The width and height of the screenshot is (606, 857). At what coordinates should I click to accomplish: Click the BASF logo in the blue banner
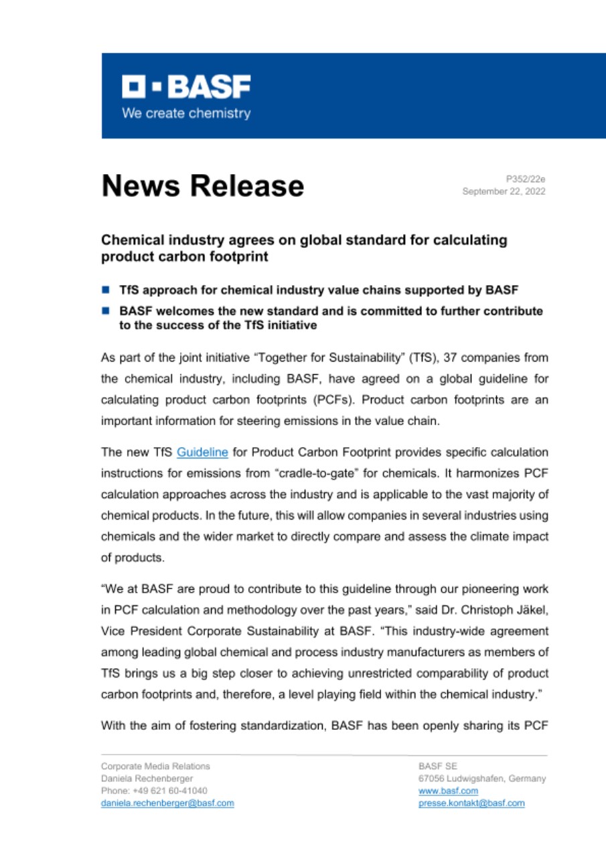[185, 87]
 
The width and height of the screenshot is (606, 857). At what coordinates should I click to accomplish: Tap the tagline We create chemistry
[185, 114]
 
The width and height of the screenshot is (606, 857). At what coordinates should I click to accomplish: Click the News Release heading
[202, 185]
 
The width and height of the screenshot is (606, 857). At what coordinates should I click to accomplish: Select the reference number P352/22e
[526, 179]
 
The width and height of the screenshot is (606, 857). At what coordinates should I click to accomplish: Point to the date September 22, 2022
[504, 191]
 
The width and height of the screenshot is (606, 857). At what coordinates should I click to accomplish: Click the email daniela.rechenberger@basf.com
[167, 803]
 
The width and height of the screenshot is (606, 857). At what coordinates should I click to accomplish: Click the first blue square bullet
[106, 291]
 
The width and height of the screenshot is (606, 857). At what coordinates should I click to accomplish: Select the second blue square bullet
[106, 311]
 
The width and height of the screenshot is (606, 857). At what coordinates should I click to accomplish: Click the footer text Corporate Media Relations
[155, 766]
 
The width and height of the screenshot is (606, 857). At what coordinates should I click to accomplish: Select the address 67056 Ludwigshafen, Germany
[481, 779]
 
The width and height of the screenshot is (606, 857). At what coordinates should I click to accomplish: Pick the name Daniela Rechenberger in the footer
[147, 779]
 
